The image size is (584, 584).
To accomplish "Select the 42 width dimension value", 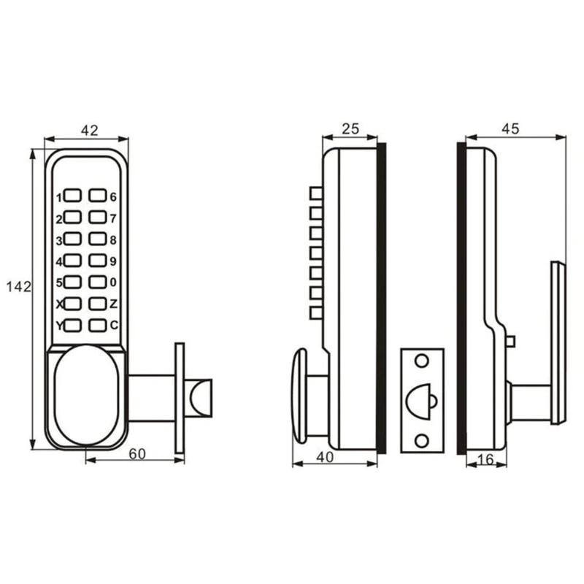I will pos(89,130).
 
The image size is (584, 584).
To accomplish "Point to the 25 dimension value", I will pos(350,129).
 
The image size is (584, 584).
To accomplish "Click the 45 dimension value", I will pos(510,129).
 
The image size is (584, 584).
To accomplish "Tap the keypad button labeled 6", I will pos(98,196).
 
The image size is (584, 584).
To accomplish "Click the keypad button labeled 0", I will pos(98,282).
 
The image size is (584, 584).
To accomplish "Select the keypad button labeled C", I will pos(98,326).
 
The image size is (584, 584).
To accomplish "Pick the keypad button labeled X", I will pos(72,304).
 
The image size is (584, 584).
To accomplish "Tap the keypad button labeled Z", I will pos(98,304).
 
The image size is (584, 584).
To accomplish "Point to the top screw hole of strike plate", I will pos(420,361).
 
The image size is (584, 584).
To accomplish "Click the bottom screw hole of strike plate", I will pos(420,439).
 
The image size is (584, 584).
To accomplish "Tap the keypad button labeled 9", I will pos(98,260).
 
